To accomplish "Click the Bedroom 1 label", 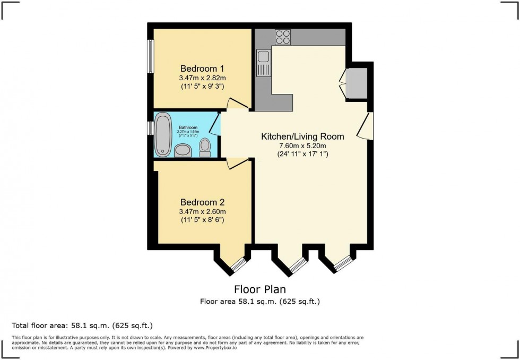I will pos(202,68).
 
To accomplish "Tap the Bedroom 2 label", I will pos(202,202).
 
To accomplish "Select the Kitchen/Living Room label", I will pos(302,136).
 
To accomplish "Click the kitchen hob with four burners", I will pos(283,37).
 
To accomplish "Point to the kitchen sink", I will pos(263,62).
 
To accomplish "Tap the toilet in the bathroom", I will pos(205,148).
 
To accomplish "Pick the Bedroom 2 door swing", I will pos(233,164).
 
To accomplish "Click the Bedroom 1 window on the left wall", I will pos(151,56).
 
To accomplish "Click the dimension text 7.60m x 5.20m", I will pos(302,146).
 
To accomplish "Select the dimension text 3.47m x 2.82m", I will pos(202,78).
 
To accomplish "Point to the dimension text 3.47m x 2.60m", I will pos(202,211).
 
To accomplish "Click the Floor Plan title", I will pos(260,289).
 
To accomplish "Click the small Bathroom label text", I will pos(188,128).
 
